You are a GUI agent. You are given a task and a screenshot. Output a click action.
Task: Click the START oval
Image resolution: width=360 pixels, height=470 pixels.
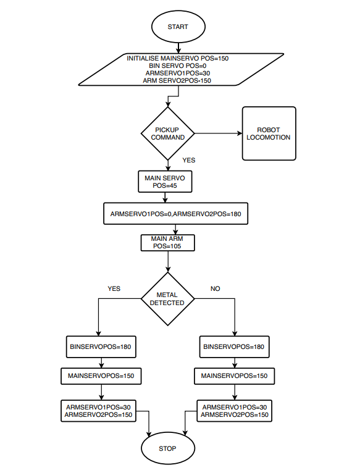[x=178, y=27]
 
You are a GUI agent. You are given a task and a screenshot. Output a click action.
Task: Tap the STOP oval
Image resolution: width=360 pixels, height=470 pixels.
[x=168, y=448]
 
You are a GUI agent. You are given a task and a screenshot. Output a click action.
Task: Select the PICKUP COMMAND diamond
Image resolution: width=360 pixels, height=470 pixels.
[x=168, y=133]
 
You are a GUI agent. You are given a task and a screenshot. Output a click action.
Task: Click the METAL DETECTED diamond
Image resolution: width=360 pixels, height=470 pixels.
[x=168, y=298]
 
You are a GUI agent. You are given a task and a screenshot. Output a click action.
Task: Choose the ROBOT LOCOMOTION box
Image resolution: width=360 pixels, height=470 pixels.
[x=269, y=133]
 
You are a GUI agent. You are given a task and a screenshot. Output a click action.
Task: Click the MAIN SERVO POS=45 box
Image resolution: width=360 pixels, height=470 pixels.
[x=165, y=182]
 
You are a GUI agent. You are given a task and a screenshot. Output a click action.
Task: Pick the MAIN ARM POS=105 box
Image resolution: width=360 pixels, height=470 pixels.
[x=167, y=243]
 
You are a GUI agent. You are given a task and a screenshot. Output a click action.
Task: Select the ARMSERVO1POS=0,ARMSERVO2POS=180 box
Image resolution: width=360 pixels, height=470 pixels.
[x=175, y=214]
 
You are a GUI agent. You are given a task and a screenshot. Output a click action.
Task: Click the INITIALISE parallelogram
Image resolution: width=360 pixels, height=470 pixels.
[x=181, y=70]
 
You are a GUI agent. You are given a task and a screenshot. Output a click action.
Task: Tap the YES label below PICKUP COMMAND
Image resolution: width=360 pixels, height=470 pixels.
[x=189, y=161]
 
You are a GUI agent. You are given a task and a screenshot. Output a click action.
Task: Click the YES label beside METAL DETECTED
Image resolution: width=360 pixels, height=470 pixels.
[x=114, y=288]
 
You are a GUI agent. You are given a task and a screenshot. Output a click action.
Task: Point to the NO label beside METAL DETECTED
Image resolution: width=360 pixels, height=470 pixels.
[x=216, y=288]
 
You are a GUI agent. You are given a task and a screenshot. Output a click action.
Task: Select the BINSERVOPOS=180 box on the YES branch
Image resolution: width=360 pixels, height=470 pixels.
[x=101, y=347]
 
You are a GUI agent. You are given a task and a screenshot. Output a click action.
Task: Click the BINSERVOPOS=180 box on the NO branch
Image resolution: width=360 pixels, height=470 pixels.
[x=235, y=347]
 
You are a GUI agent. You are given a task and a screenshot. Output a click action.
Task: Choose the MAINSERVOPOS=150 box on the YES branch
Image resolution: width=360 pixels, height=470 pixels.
[x=101, y=376]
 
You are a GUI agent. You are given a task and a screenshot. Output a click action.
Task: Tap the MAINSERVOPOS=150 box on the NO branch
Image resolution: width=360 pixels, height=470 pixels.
[x=235, y=376]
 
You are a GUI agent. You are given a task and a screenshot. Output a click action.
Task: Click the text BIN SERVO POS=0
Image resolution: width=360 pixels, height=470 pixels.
[x=178, y=65]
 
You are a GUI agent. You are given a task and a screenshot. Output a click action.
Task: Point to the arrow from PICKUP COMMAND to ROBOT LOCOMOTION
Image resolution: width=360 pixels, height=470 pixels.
[x=218, y=133]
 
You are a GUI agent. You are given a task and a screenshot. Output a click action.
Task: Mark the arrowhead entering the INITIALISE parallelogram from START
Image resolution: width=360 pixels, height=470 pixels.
[x=178, y=51]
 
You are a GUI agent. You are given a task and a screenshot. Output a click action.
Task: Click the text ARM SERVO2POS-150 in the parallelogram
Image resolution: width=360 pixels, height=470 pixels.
[x=177, y=81]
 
